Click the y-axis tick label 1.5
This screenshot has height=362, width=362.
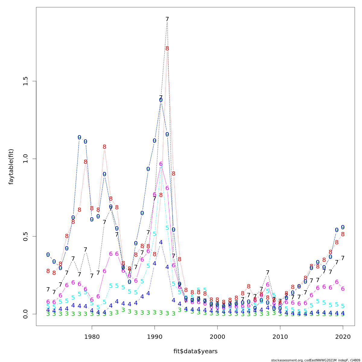[x=25, y=81]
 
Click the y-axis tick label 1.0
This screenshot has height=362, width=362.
[x=25, y=159]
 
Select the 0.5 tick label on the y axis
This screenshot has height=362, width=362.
[x=25, y=236]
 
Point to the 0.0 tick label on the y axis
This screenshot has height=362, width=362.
[x=25, y=314]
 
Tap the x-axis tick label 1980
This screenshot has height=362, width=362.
[x=92, y=337]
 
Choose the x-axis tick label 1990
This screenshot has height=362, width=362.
[x=154, y=337]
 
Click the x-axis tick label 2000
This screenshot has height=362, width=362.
[x=217, y=337]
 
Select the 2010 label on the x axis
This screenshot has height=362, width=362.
[x=280, y=337]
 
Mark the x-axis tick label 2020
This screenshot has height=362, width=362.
[x=343, y=337]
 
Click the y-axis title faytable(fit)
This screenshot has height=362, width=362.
[x=11, y=167]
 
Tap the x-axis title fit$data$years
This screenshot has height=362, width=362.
[x=195, y=351]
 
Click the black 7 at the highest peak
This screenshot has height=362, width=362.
[x=167, y=19]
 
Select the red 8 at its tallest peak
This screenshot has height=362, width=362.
[x=167, y=49]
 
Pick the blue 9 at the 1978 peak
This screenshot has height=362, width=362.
[x=79, y=138]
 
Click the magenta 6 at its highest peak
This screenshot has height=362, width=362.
[x=161, y=164]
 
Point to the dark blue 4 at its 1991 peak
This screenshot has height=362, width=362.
[x=161, y=242]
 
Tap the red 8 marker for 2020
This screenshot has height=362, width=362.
[x=343, y=234]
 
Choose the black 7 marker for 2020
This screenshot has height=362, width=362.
[x=343, y=258]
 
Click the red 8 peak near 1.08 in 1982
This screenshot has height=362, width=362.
[x=104, y=147]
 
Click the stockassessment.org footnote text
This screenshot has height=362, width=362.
[x=315, y=360]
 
